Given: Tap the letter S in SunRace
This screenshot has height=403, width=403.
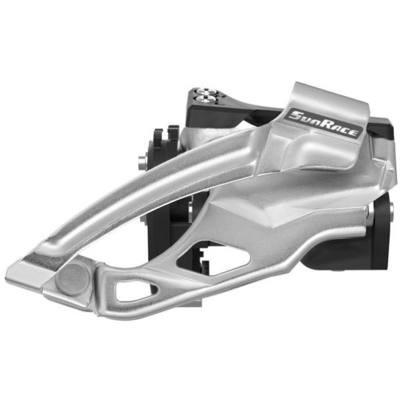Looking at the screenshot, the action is pos(296,116).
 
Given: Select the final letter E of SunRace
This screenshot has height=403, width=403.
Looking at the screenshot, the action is pos(354,132).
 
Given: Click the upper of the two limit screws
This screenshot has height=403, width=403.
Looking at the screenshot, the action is pos(206,91).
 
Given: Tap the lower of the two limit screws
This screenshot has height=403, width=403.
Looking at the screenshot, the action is pos(206,99).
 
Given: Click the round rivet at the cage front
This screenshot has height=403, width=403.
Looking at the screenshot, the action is pos(73,279).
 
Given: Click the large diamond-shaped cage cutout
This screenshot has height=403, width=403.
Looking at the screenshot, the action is pos(214,258).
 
